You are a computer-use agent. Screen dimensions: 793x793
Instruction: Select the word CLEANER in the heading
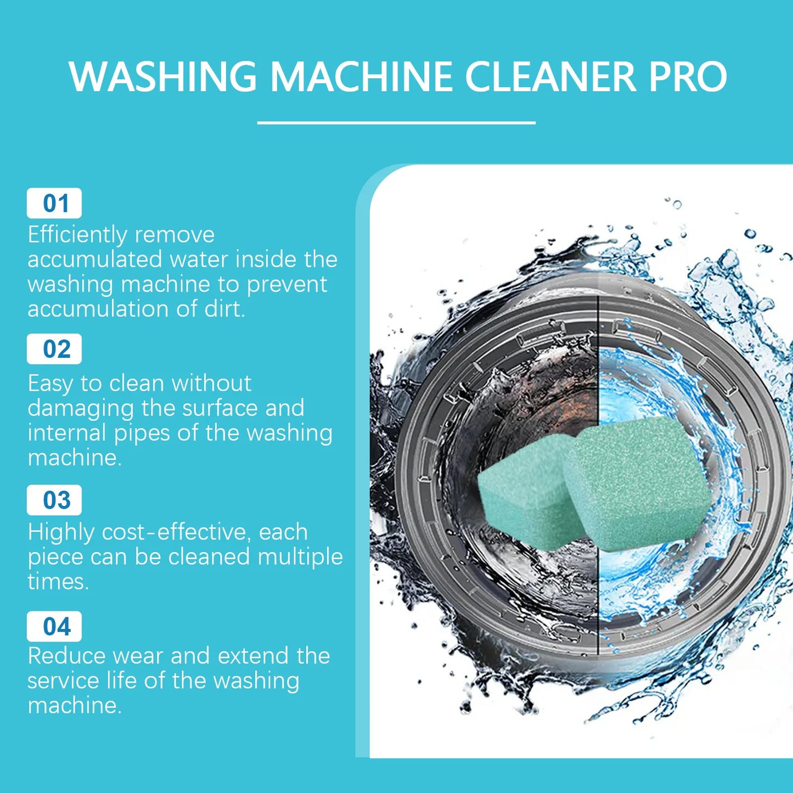coord(550,76)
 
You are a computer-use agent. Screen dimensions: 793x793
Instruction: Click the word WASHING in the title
coord(163,76)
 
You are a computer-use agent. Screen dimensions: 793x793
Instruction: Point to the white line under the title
coord(396,123)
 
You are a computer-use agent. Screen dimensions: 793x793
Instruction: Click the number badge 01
coord(54,204)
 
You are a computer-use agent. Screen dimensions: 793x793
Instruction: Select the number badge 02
coord(54,349)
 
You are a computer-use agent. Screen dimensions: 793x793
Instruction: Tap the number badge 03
coord(54,500)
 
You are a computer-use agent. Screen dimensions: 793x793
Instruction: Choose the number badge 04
coord(54,627)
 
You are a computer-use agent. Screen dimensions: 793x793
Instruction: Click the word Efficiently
coord(77,235)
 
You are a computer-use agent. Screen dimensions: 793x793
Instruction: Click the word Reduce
coord(65,656)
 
